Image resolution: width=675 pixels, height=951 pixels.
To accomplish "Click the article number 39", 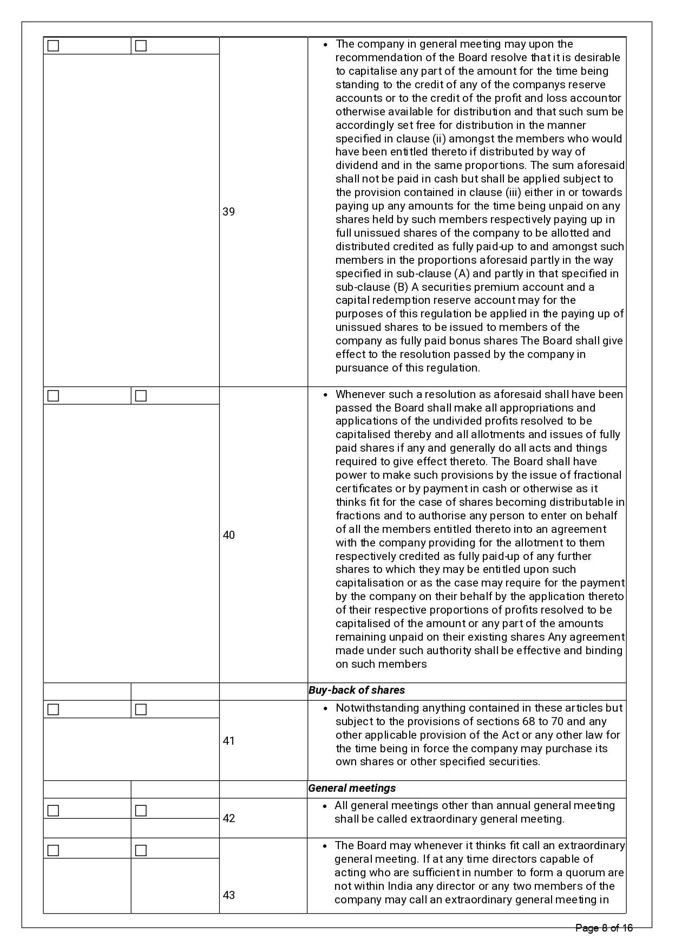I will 229,212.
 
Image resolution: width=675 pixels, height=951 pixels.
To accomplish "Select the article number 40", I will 229,535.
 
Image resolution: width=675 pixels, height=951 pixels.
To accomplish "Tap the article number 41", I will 229,741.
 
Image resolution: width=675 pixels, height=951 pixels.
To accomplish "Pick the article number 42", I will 229,818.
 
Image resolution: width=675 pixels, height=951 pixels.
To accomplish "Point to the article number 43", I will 229,895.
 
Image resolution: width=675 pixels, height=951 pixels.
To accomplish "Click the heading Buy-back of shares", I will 357,691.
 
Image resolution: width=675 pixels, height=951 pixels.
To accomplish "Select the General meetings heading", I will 352,789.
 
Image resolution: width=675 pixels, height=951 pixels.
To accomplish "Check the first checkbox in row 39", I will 53,46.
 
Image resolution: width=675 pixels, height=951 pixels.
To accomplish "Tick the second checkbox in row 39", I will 141,46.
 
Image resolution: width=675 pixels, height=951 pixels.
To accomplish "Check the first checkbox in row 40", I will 53,396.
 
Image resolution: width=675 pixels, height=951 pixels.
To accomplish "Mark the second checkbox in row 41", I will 141,709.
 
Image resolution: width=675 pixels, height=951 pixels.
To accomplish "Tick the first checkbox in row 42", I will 53,811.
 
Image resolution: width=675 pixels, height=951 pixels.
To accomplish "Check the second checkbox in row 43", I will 141,851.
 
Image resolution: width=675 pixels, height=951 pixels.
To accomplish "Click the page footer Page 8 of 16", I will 604,928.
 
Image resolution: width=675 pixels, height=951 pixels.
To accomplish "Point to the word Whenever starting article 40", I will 359,395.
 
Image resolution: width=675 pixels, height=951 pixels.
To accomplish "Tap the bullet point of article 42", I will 325,806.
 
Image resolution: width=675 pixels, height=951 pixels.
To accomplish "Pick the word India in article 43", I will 400,887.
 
